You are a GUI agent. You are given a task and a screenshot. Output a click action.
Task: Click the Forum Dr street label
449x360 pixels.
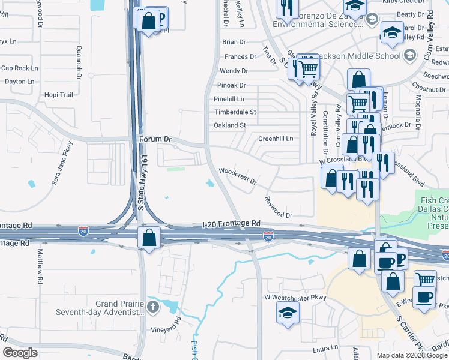pyautogui.click(x=155, y=139)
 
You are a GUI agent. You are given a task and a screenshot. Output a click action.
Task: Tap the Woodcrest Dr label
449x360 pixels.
pyautogui.click(x=238, y=175)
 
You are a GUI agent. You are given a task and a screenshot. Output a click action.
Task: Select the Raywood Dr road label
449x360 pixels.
pyautogui.click(x=279, y=207)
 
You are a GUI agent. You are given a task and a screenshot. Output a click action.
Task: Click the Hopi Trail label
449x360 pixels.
pyautogui.click(x=59, y=95)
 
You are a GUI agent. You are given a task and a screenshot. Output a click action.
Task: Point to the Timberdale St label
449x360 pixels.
pyautogui.click(x=235, y=112)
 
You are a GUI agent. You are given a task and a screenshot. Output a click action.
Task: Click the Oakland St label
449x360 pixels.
pyautogui.click(x=230, y=125)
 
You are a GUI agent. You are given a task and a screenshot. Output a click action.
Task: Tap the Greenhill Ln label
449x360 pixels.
pyautogui.click(x=276, y=139)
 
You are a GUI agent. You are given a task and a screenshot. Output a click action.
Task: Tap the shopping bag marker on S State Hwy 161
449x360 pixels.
pyautogui.click(x=149, y=238)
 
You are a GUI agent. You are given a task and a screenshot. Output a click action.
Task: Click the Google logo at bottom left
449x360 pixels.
pyautogui.click(x=20, y=353)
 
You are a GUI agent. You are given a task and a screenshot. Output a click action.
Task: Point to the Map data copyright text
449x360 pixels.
pyautogui.click(x=412, y=355)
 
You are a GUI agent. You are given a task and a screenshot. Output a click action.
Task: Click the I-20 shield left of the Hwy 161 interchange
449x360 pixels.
pyautogui.click(x=83, y=230)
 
